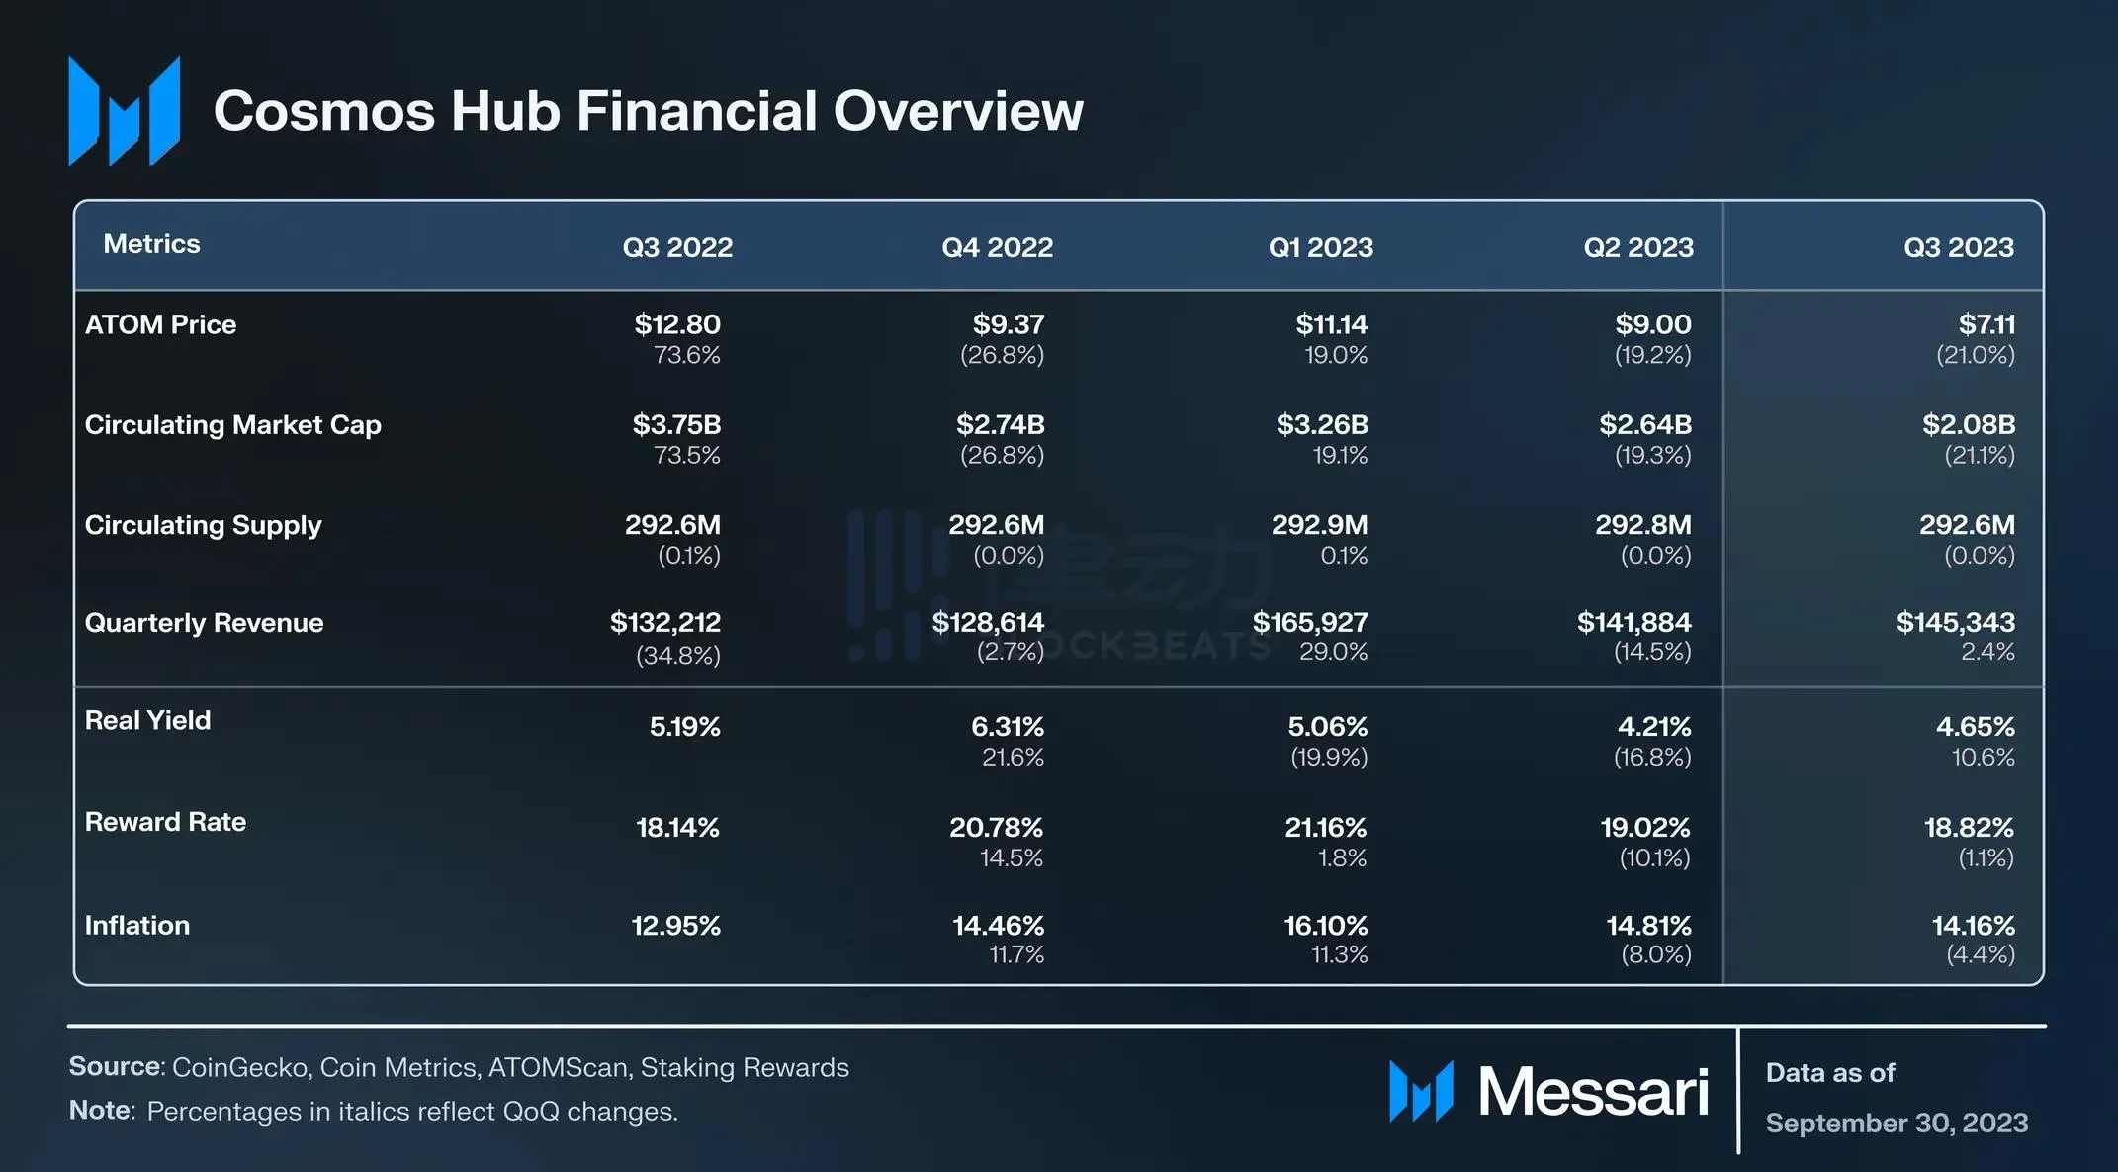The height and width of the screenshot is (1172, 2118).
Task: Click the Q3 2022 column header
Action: click(677, 247)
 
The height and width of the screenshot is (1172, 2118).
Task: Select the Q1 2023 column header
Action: click(1320, 247)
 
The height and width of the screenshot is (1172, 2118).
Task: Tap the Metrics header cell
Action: click(151, 244)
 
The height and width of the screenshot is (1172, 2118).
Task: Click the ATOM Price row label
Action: click(160, 324)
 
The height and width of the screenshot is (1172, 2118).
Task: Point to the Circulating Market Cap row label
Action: click(232, 425)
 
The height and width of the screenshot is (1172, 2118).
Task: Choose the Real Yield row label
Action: click(147, 720)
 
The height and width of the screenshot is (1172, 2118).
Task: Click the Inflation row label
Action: click(136, 926)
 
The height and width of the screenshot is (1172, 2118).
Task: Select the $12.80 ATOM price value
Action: click(677, 324)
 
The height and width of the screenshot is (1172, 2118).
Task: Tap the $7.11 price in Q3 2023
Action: click(1986, 324)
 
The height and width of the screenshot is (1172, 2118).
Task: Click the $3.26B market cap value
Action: click(1322, 425)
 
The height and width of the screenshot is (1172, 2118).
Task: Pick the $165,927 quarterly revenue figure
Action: click(1310, 623)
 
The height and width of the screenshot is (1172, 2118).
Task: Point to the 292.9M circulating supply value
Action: click(1319, 525)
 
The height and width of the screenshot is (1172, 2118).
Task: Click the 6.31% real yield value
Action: click(1007, 727)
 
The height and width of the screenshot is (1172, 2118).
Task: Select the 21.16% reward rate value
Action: click(1325, 828)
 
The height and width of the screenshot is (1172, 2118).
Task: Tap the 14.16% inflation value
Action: click(1973, 926)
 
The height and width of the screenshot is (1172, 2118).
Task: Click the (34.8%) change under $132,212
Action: click(677, 655)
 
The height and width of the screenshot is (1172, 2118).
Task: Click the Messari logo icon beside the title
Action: click(125, 111)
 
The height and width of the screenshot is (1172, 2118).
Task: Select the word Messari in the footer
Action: click(1593, 1093)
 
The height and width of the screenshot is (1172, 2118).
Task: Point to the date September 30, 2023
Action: click(1897, 1124)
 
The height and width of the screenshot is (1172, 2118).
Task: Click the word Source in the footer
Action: click(115, 1067)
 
